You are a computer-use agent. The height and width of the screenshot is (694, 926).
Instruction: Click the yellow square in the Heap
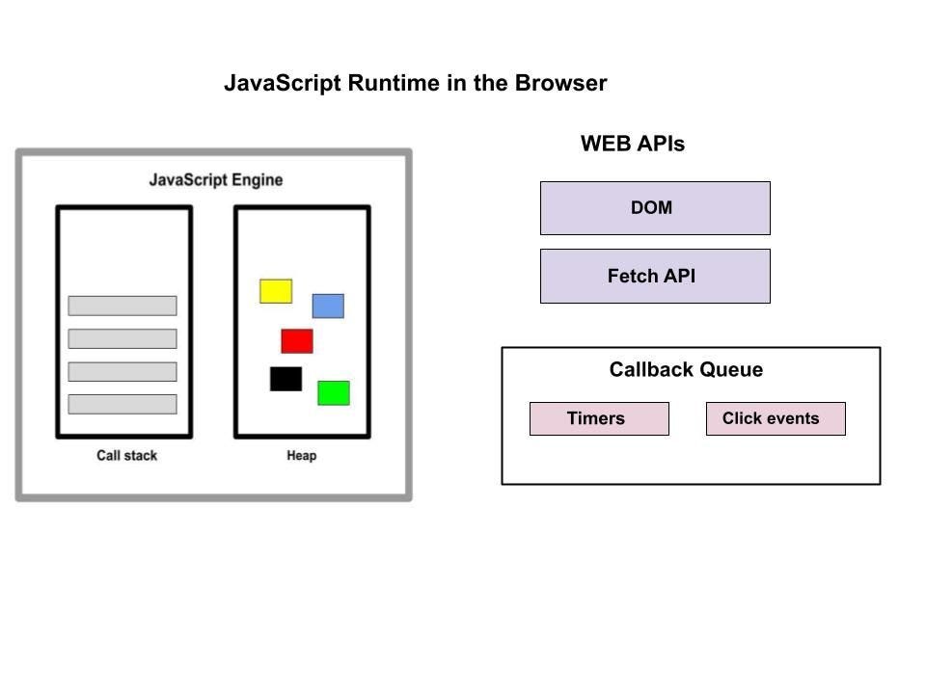[276, 291]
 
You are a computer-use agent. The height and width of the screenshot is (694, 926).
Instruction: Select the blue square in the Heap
[328, 307]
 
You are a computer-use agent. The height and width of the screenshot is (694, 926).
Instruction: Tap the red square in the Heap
[297, 341]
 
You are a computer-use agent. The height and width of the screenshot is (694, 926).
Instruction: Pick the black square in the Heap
[286, 379]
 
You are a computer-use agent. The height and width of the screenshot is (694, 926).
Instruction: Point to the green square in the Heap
[334, 393]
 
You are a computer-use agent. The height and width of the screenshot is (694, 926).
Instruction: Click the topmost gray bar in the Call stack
[123, 306]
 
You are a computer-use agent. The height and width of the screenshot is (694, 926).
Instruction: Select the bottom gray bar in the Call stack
[123, 404]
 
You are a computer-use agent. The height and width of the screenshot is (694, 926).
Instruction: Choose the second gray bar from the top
[123, 338]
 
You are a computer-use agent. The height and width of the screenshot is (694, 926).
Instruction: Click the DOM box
[655, 208]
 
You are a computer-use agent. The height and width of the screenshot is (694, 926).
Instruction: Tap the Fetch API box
[655, 277]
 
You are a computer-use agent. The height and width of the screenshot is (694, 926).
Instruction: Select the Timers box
[599, 419]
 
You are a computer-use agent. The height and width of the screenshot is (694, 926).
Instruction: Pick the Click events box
[776, 419]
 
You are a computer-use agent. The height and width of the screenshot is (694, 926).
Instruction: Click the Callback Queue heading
[686, 370]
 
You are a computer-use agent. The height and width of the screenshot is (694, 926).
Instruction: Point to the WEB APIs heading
[633, 145]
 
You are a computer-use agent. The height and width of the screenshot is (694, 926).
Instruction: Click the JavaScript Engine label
[216, 180]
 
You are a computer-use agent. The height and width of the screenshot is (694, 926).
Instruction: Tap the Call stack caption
[126, 456]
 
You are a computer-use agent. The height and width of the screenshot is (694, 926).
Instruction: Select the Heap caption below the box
[301, 456]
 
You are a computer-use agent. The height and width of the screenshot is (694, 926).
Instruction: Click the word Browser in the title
[560, 84]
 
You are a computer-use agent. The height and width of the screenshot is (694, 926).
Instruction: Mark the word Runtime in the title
[394, 84]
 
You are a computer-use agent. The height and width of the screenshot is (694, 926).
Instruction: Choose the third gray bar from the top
[123, 372]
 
